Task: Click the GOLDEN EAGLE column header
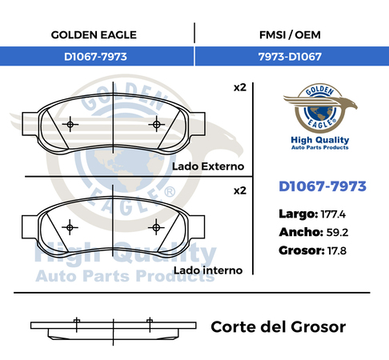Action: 94,35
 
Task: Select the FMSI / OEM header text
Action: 290,35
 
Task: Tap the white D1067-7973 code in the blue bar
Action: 95,57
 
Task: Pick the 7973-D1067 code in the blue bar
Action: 290,57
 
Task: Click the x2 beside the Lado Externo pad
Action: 240,88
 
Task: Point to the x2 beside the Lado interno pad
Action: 240,191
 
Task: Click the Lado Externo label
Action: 208,166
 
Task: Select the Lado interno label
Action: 208,270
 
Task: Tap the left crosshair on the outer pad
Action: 70,124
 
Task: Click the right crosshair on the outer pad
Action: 157,124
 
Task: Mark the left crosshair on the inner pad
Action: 70,227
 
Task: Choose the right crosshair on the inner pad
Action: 156,227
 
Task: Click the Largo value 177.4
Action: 333,214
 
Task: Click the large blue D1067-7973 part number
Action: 323,186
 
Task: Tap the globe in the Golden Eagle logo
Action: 320,113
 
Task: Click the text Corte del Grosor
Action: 279,327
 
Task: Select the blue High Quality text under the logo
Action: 320,140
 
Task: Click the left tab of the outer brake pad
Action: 30,124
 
